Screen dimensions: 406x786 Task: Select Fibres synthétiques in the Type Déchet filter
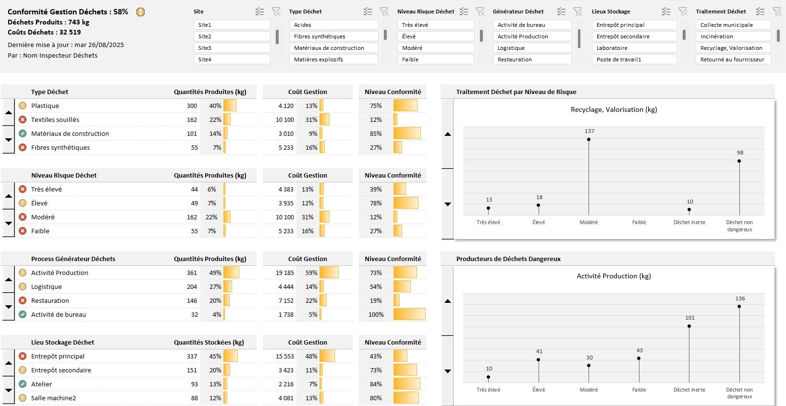click(x=333, y=36)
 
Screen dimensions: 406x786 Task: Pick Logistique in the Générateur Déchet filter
click(x=532, y=48)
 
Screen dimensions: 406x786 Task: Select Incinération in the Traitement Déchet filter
click(x=733, y=36)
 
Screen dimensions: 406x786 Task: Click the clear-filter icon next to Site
click(x=276, y=12)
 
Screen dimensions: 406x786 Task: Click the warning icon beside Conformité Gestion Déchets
click(x=140, y=12)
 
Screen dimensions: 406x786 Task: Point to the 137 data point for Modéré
click(x=589, y=140)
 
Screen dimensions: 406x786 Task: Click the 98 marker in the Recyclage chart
click(x=739, y=161)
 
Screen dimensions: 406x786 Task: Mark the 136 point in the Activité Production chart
click(x=739, y=306)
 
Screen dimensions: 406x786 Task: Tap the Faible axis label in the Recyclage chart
click(x=639, y=222)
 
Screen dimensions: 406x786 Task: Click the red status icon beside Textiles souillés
click(x=23, y=119)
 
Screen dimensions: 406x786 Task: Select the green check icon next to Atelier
click(x=23, y=384)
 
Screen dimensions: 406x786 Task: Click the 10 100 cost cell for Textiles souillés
click(x=285, y=120)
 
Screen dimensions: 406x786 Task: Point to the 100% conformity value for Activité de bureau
click(x=376, y=315)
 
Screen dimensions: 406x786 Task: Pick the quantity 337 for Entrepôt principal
click(x=192, y=357)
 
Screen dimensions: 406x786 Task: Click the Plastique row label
click(x=45, y=106)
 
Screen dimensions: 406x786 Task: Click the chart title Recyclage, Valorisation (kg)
click(x=614, y=109)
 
